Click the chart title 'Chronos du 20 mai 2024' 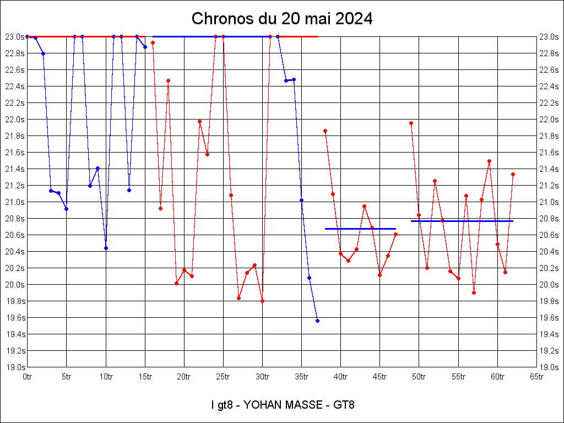click(282, 19)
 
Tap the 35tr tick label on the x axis click(301, 377)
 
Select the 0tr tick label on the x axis click(27, 377)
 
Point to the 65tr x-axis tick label click(537, 377)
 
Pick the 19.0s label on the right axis click(549, 367)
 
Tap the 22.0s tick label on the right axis click(549, 120)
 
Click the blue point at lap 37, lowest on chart click(317, 321)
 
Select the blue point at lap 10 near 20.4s click(106, 248)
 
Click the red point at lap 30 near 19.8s click(262, 301)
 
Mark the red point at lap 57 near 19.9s click(474, 292)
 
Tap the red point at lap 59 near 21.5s click(489, 161)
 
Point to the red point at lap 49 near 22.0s click(411, 123)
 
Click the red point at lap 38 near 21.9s click(325, 131)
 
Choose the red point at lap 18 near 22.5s click(168, 81)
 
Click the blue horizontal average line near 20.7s click(360, 229)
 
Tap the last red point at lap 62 click(513, 174)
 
